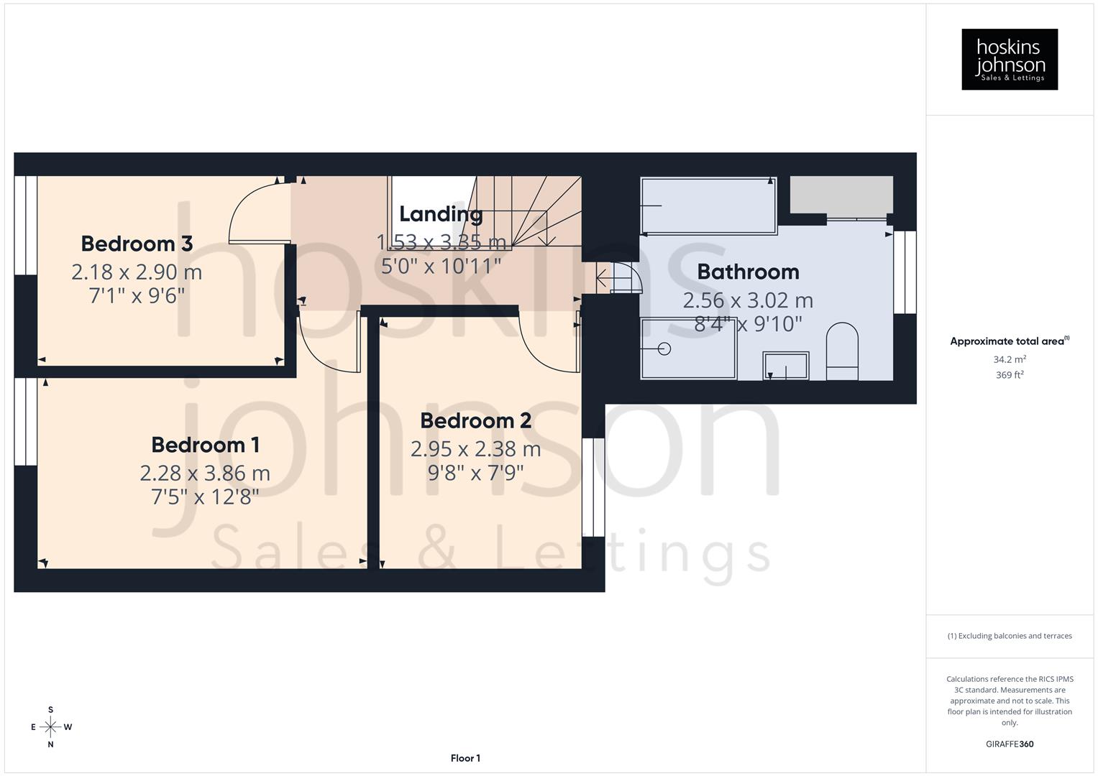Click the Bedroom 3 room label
[x=137, y=244]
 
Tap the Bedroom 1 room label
[x=205, y=445]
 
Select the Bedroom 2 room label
[x=475, y=420]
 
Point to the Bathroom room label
[x=748, y=272]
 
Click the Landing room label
[x=440, y=213]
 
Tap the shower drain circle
[x=664, y=348]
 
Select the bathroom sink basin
[x=785, y=365]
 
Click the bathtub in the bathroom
[x=708, y=205]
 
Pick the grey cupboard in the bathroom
[x=841, y=194]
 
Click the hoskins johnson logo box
[x=1010, y=60]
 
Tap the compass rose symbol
[x=50, y=727]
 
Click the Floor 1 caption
[x=465, y=758]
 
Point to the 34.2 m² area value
[x=1010, y=359]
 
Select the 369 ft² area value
[x=1010, y=375]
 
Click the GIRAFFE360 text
[x=1010, y=744]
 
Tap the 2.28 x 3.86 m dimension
[x=205, y=473]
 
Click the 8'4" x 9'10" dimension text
[x=748, y=323]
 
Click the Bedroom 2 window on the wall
[x=593, y=488]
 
